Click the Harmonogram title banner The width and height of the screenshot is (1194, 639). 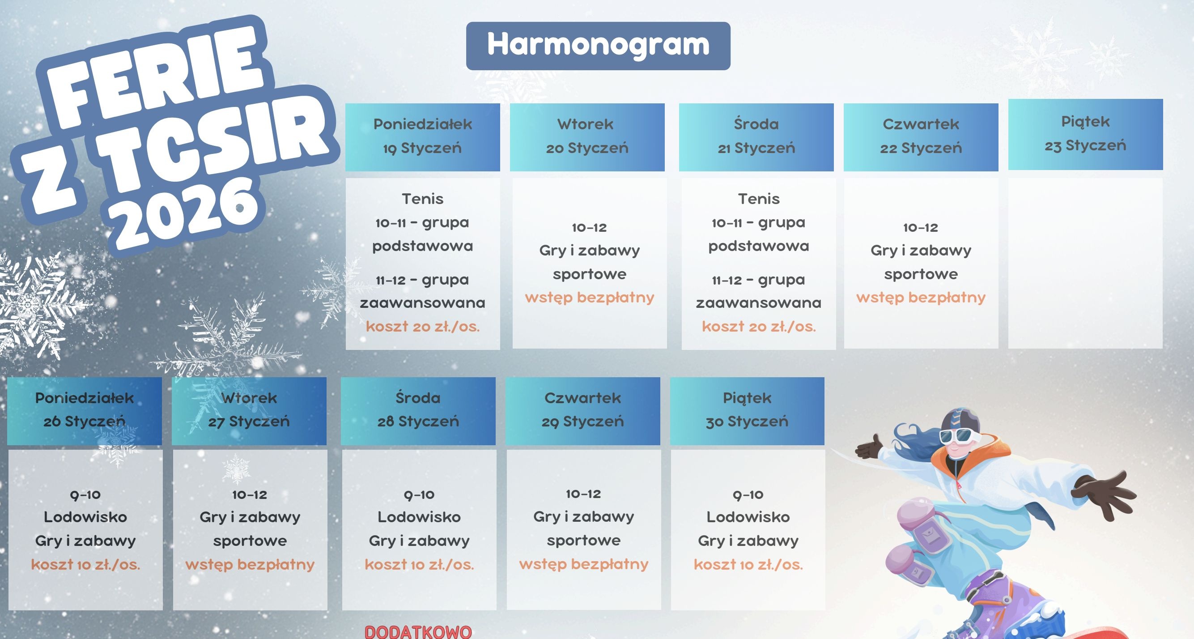598,46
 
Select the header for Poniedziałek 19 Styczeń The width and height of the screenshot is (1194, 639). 423,137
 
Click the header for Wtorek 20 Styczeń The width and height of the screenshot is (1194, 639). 587,137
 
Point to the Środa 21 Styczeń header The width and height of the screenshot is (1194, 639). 756,137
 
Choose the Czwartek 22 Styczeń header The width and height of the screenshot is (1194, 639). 921,137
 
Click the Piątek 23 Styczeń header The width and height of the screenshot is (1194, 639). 1086,135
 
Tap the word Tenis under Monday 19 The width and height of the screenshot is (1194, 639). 423,199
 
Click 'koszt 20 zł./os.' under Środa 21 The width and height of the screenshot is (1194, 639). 759,327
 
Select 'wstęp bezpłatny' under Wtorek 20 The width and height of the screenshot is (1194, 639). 590,297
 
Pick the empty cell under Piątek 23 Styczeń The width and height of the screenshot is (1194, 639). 1086,264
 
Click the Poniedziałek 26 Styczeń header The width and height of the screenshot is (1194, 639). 85,411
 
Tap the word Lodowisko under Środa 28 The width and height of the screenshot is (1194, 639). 419,517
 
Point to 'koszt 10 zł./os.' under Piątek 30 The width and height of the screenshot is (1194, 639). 748,564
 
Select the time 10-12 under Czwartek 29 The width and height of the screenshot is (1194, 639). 583,494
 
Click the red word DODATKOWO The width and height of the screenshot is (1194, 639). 418,632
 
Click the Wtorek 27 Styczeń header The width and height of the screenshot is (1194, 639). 249,411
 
